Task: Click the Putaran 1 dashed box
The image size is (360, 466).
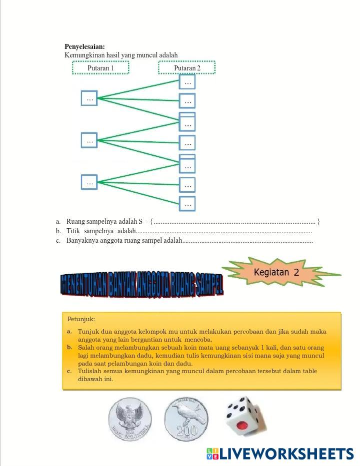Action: (100, 67)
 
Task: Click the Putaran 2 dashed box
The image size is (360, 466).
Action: (187, 67)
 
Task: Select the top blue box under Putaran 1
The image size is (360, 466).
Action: (89, 98)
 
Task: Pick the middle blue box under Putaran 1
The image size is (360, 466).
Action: (89, 140)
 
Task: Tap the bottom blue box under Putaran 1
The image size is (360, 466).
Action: (89, 182)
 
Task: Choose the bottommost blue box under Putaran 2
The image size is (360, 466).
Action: (187, 204)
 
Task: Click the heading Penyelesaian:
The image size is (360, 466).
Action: (84, 46)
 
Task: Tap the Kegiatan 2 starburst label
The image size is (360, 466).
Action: (276, 273)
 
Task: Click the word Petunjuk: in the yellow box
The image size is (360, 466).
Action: (81, 319)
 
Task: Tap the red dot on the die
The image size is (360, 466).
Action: (242, 426)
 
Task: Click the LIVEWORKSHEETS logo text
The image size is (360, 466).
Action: (286, 454)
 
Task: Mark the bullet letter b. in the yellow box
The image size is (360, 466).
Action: (69, 347)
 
